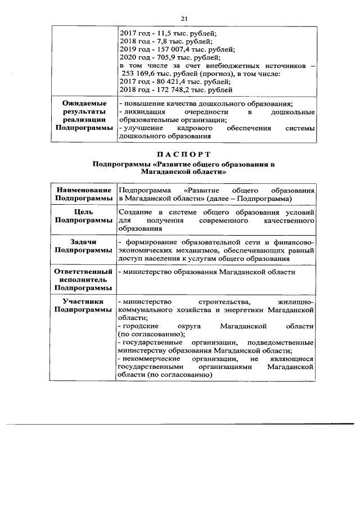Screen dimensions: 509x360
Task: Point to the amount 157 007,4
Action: click(167, 49)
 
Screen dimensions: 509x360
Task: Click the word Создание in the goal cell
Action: click(134, 212)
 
